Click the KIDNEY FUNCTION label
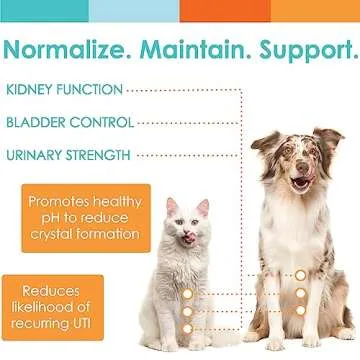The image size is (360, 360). (x=65, y=90)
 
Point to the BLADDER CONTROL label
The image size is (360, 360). (x=69, y=122)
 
